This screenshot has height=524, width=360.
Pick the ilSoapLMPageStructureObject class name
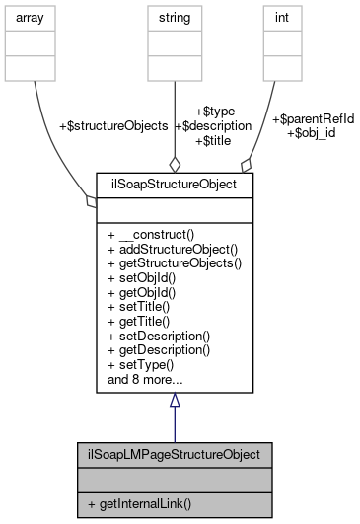pos(174,456)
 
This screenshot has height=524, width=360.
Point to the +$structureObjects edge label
pos(113,126)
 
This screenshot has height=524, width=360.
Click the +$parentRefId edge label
pos(312,119)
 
